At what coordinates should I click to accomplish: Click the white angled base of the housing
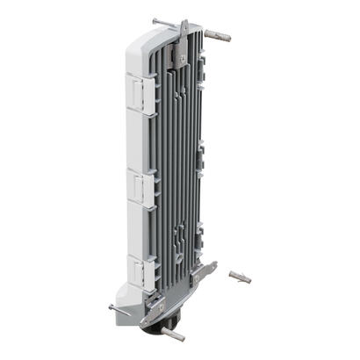132,294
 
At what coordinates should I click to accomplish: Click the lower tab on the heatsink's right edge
205,233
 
